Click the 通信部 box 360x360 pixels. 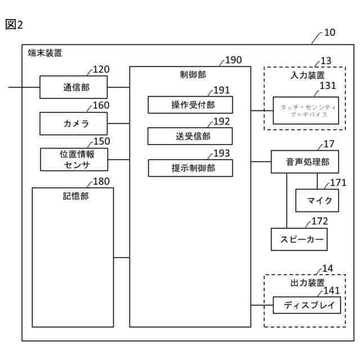(73, 87)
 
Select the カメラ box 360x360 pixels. (73, 123)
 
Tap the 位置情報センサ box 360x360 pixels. (73, 159)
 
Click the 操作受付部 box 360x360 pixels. (190, 105)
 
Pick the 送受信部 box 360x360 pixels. (190, 136)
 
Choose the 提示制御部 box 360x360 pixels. (190, 168)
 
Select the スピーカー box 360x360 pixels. (299, 239)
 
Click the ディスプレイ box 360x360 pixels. (307, 305)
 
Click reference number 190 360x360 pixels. (233, 60)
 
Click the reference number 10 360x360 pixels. (330, 32)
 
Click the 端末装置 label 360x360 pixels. (45, 54)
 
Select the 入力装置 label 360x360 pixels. (307, 75)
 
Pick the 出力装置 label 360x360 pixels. (307, 282)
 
